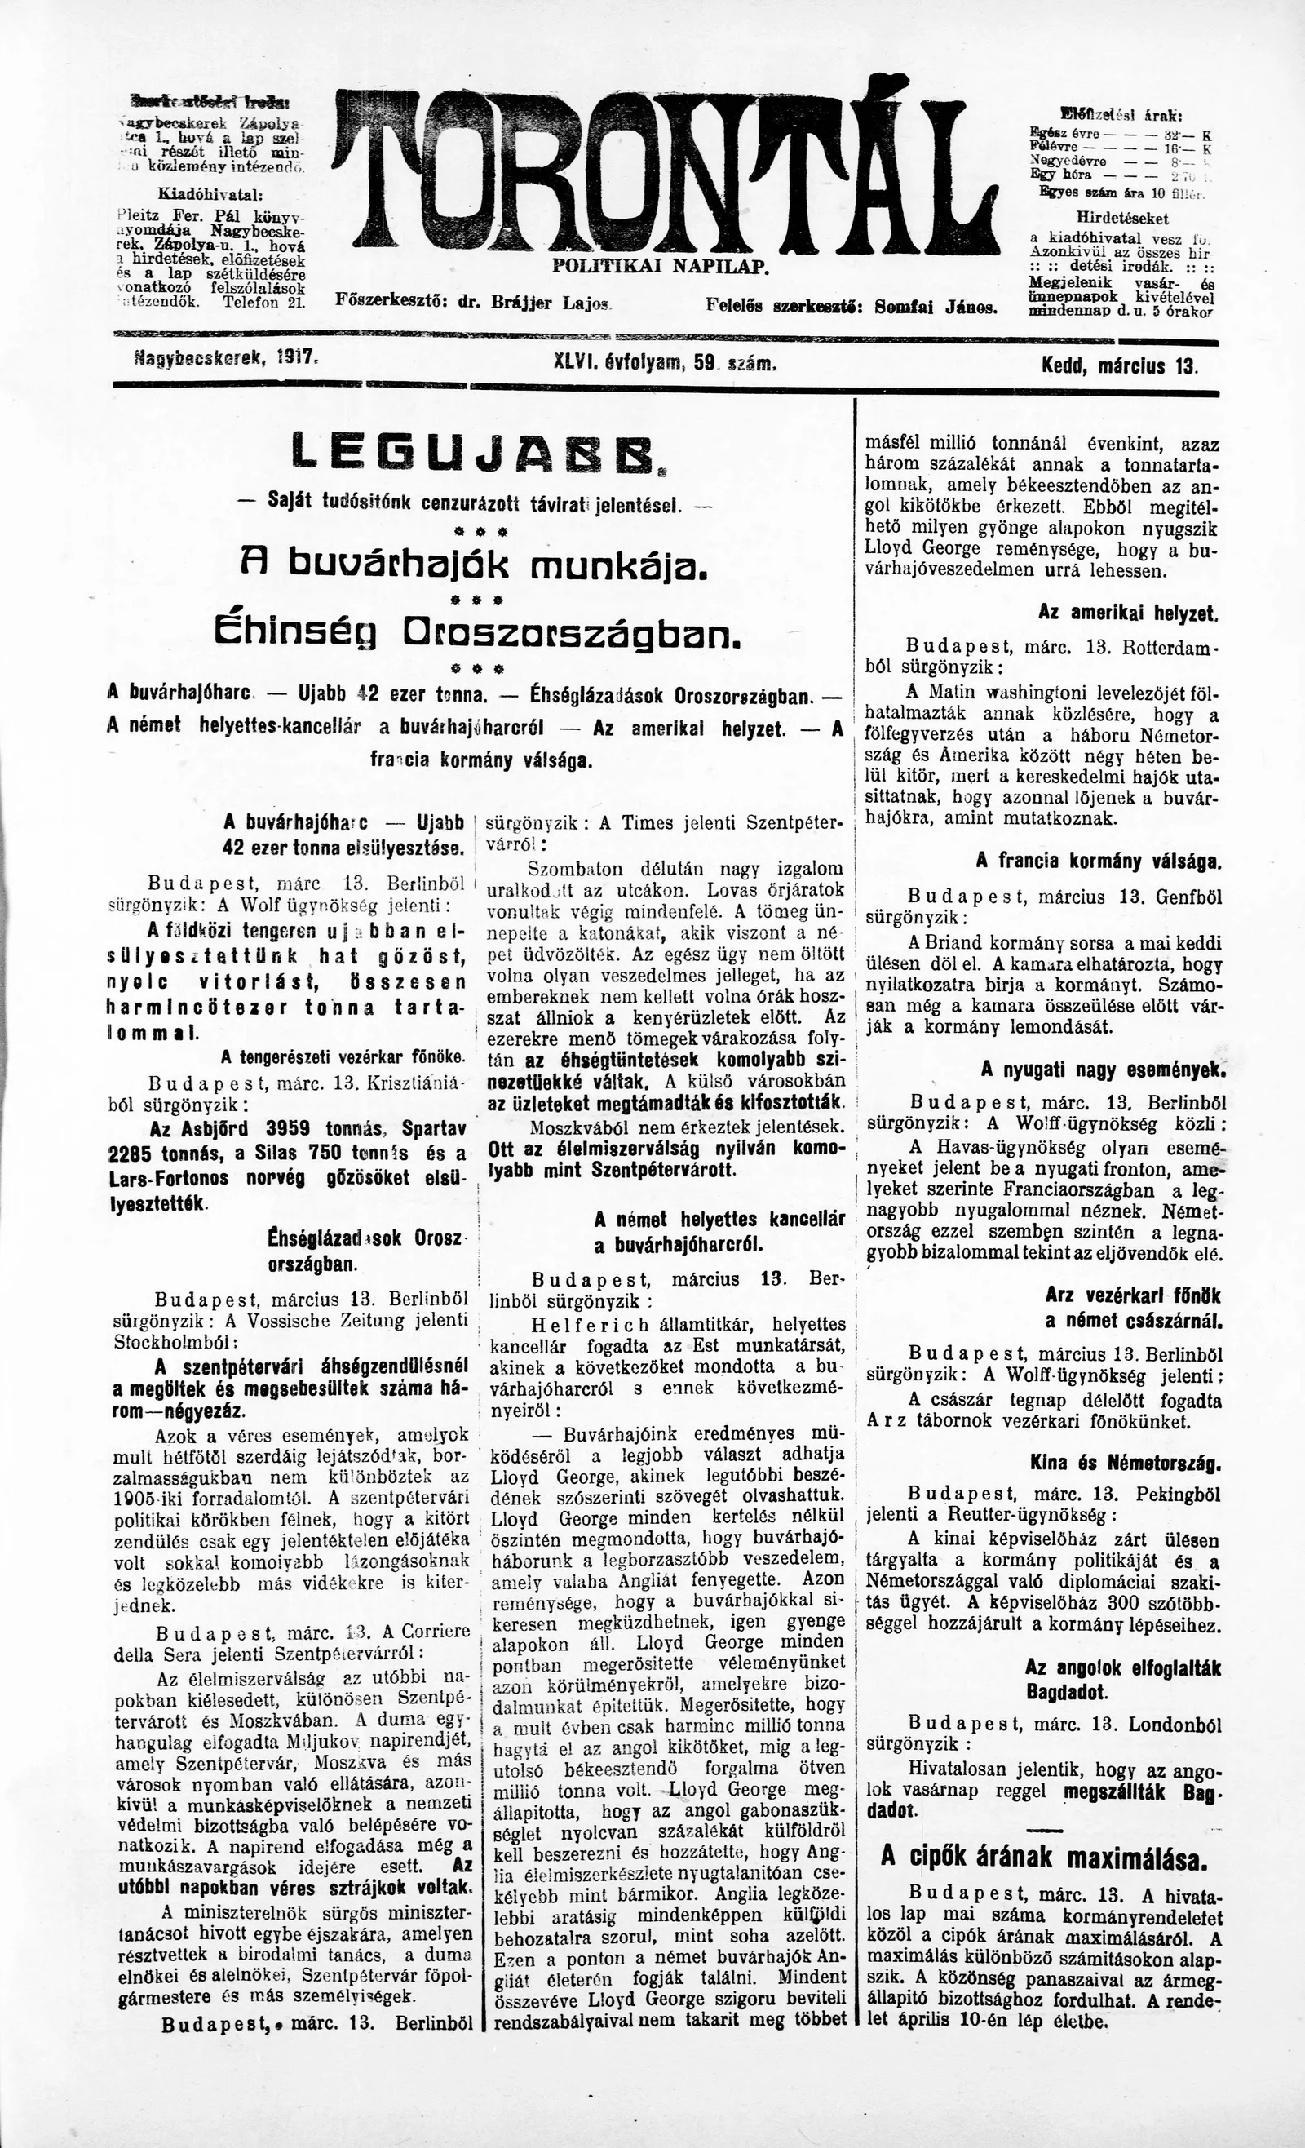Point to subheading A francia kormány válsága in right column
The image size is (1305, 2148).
pos(1099,861)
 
